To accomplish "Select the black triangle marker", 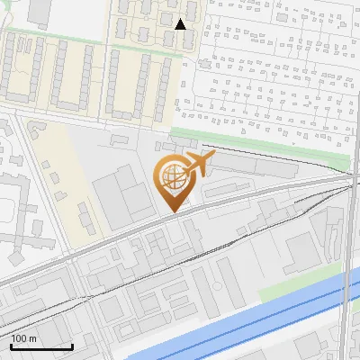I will (x=180, y=24).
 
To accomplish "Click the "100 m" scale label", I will (x=23, y=337).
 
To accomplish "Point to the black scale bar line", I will (x=41, y=346).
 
